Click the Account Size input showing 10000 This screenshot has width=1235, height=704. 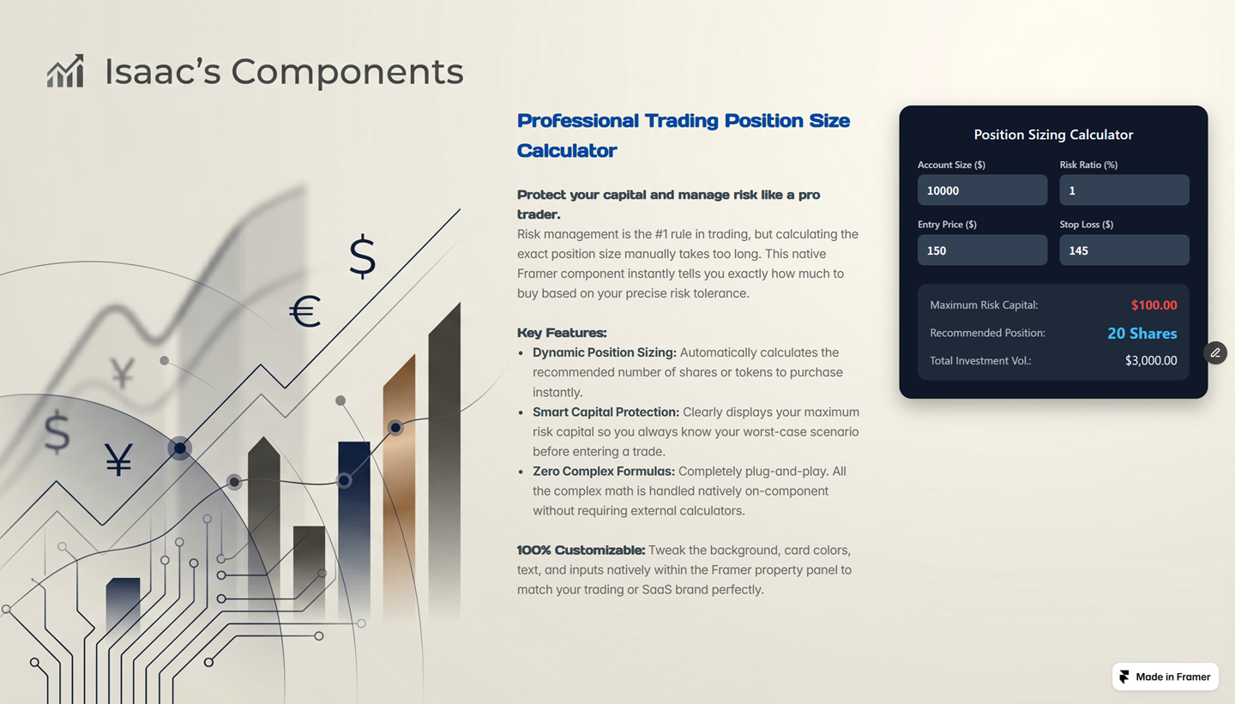pos(982,190)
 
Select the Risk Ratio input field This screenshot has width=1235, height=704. pos(1124,190)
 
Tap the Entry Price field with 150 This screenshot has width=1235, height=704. pos(982,250)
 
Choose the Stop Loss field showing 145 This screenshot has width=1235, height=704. pos(1124,250)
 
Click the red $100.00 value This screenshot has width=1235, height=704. pos(1154,305)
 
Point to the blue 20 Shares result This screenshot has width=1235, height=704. pos(1142,334)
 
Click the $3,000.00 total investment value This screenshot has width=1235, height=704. pos(1151,360)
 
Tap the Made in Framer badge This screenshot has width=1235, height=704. pos(1165,677)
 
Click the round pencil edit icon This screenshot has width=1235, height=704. pos(1215,352)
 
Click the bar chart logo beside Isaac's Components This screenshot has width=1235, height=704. pos(65,71)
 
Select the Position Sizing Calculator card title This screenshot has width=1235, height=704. pos(1053,135)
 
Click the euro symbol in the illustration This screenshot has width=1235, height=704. pos(305,311)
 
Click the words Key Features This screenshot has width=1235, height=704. pos(562,333)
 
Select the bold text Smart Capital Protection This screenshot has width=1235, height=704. pos(605,412)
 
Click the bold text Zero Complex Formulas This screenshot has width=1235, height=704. pos(604,472)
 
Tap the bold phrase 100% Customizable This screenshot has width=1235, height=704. pos(581,551)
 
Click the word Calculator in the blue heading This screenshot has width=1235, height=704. pos(567,151)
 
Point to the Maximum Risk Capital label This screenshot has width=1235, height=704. pos(984,305)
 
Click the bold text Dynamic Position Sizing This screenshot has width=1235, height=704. pos(605,352)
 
